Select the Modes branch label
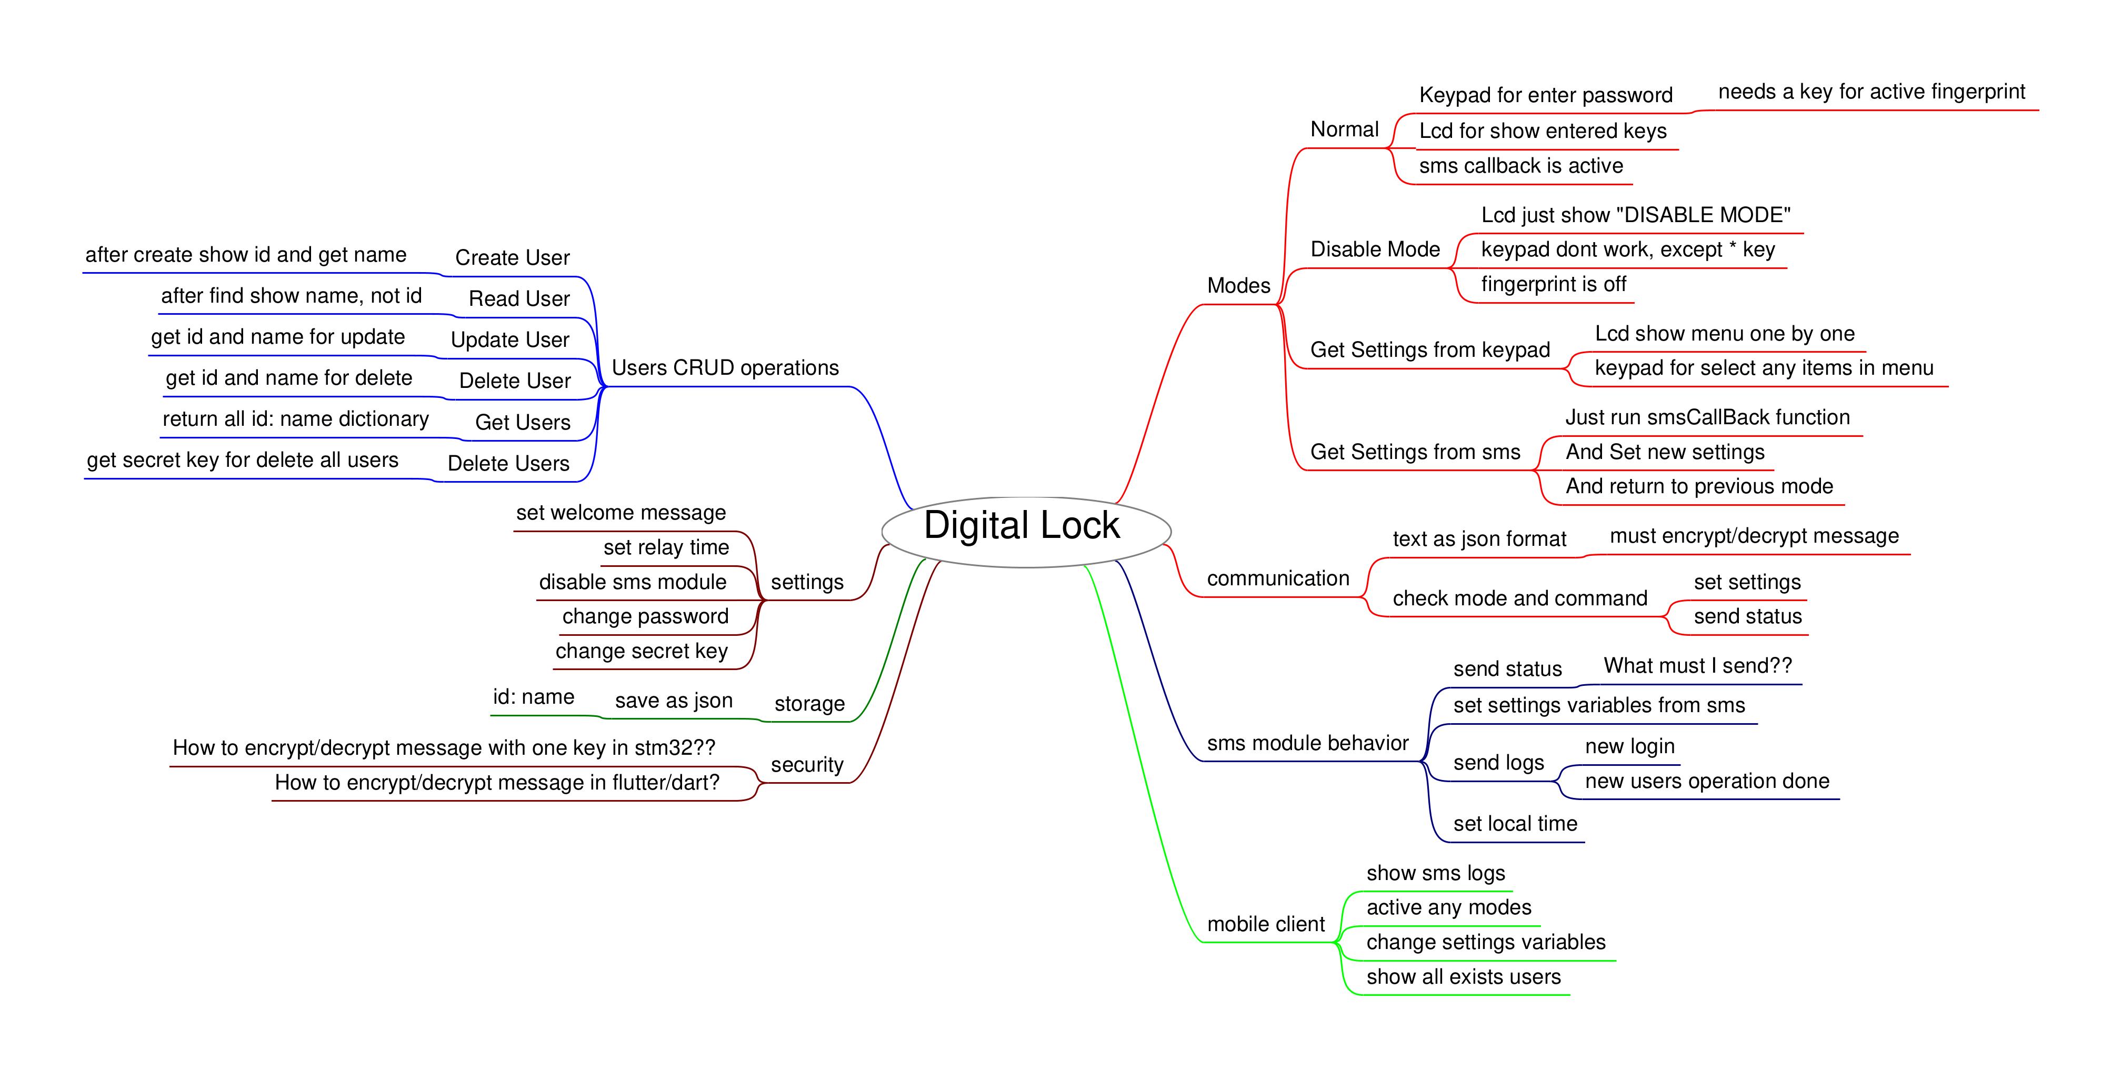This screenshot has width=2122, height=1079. coord(1238,286)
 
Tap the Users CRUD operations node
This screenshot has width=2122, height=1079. coord(725,368)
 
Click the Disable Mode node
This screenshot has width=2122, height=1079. coord(1375,249)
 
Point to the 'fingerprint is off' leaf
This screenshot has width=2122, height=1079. coord(1553,285)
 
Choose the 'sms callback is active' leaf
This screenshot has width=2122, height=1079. coord(1520,166)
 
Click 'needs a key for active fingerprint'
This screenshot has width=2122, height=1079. coord(1871,92)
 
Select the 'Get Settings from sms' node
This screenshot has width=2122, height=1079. coord(1414,452)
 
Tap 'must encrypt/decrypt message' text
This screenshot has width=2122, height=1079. coord(1754,536)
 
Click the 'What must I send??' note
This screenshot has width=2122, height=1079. coord(1697,665)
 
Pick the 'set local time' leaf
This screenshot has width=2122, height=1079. coord(1515,824)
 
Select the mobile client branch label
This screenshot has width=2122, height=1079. coord(1265,924)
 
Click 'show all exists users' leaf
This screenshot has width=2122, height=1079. coord(1463,977)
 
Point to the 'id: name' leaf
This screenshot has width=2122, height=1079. coord(533,697)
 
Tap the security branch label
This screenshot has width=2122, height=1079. coord(806,765)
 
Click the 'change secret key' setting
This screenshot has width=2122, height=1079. coord(641,652)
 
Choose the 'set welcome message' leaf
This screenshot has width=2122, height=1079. coord(620,513)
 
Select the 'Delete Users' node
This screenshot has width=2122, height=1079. coord(508,464)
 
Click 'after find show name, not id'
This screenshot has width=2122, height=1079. coord(291,296)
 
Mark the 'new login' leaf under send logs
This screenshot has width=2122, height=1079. coord(1629,747)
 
